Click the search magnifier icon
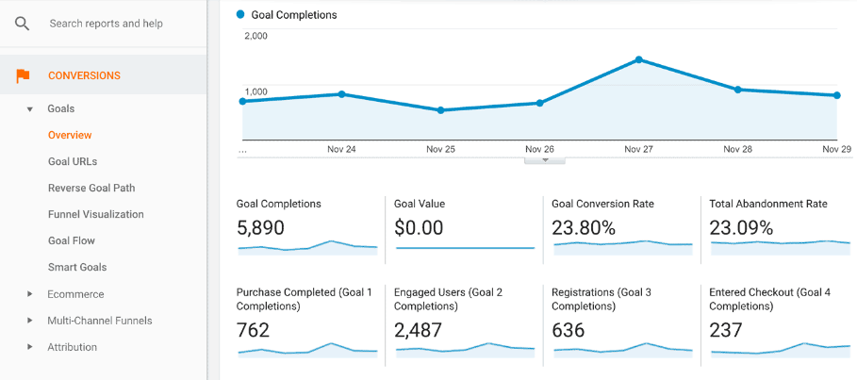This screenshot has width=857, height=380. (x=22, y=24)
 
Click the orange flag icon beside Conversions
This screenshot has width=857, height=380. (x=23, y=75)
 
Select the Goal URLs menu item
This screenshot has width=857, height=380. (x=73, y=161)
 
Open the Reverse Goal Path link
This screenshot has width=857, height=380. (x=91, y=188)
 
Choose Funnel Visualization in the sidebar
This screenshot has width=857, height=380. (x=95, y=214)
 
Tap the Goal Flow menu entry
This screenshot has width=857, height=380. (x=72, y=240)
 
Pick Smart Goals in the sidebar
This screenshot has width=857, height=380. (x=77, y=267)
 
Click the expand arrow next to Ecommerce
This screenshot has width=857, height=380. (x=30, y=294)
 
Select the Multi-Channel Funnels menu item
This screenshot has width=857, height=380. (x=100, y=321)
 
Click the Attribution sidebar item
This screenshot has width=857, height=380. (x=73, y=347)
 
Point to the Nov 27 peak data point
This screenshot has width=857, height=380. (x=639, y=59)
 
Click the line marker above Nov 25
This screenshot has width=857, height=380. (x=440, y=110)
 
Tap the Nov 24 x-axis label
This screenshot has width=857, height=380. (x=341, y=149)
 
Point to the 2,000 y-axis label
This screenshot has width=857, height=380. (x=255, y=36)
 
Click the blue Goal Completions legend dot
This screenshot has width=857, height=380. (x=240, y=15)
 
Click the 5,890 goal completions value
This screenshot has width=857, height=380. (x=260, y=227)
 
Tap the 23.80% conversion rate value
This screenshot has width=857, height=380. (x=584, y=227)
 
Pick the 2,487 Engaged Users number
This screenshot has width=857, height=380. (x=419, y=330)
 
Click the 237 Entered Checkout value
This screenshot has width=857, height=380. (x=725, y=330)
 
